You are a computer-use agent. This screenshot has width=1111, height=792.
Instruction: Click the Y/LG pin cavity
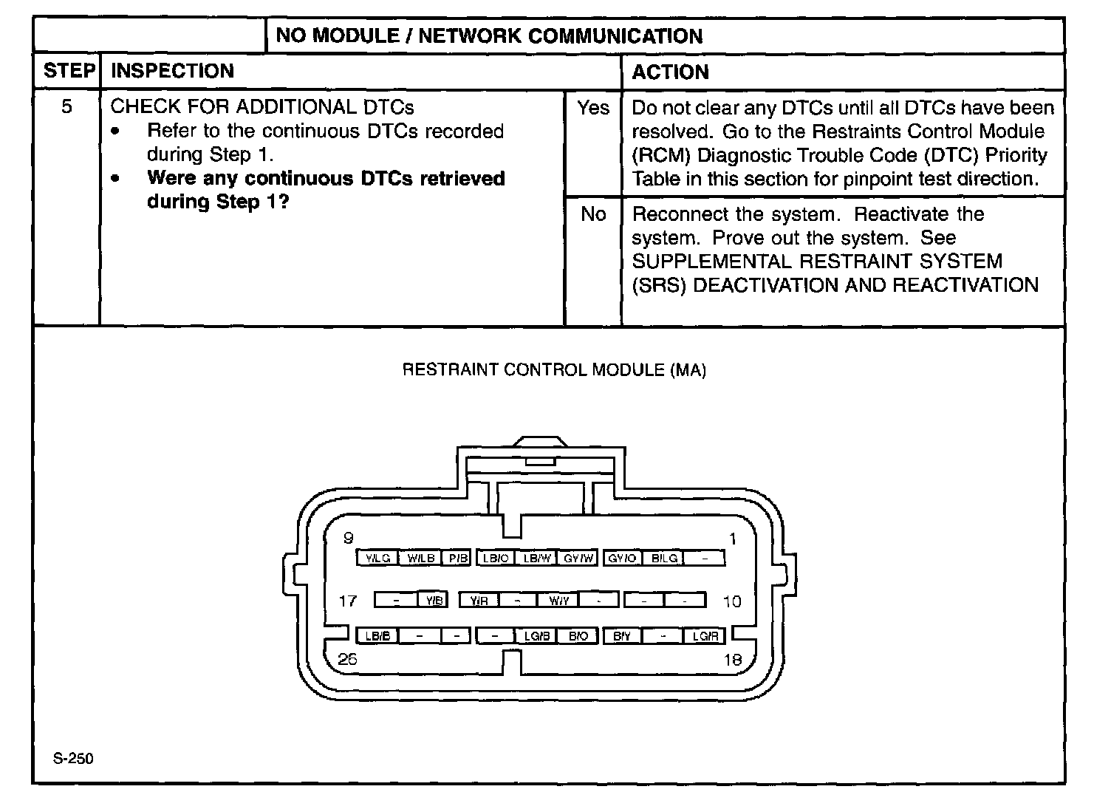pyautogui.click(x=377, y=559)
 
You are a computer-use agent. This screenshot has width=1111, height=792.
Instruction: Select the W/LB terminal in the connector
pyautogui.click(x=420, y=559)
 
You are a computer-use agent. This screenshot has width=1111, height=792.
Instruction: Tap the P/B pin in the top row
pyautogui.click(x=458, y=559)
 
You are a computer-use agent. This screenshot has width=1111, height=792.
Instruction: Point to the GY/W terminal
pyautogui.click(x=578, y=559)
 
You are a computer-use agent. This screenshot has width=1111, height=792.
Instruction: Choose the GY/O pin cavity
pyautogui.click(x=622, y=559)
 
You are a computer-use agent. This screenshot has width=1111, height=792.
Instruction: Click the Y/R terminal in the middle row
pyautogui.click(x=479, y=601)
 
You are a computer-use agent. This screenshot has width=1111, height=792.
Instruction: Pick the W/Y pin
pyautogui.click(x=558, y=601)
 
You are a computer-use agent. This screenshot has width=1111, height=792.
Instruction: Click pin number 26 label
pyautogui.click(x=347, y=660)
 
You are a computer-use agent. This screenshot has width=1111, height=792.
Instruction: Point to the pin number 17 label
pyautogui.click(x=347, y=601)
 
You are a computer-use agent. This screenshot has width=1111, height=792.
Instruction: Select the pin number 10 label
pyautogui.click(x=732, y=601)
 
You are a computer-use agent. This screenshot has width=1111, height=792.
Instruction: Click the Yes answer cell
pyautogui.click(x=593, y=109)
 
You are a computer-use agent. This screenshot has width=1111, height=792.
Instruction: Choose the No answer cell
pyautogui.click(x=593, y=214)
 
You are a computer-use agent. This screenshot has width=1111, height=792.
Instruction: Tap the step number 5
pyautogui.click(x=66, y=107)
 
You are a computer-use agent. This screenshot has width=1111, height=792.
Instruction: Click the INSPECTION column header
pyautogui.click(x=172, y=72)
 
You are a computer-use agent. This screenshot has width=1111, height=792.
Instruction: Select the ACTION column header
pyautogui.click(x=670, y=72)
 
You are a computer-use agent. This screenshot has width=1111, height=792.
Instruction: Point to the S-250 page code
pyautogui.click(x=73, y=759)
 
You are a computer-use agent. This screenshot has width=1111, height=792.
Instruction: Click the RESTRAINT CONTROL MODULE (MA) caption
pyautogui.click(x=554, y=370)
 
